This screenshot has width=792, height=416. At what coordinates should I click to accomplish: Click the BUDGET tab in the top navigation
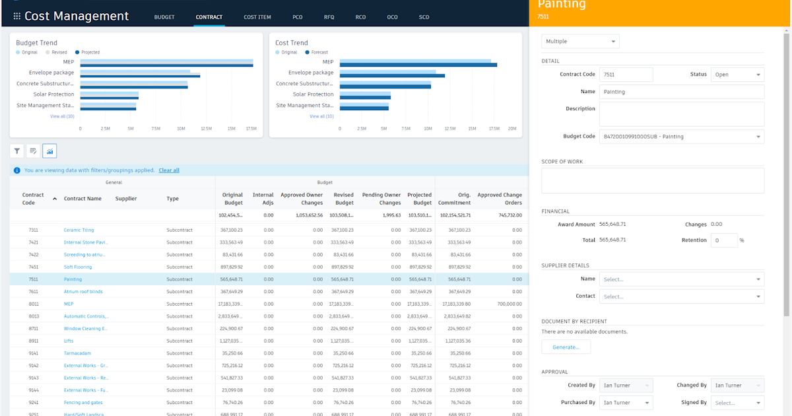point(164,17)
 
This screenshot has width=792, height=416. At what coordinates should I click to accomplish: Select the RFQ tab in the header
point(329,17)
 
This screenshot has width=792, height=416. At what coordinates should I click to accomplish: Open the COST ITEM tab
point(257,17)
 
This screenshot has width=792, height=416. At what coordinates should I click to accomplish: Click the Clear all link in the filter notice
point(169,170)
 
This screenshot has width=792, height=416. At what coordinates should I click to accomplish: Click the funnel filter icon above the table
point(17,151)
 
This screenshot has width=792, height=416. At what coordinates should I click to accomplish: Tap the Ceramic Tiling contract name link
point(79,230)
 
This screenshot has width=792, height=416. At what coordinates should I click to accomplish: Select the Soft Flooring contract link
point(78,267)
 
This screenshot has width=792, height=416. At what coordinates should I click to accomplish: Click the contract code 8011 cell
point(33,304)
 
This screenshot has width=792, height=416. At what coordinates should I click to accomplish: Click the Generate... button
point(566,347)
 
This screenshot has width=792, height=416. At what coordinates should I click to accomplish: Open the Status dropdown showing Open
point(737,75)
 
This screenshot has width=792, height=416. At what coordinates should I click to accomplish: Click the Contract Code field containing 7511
point(626,75)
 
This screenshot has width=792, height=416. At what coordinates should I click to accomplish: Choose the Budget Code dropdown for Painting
point(681,137)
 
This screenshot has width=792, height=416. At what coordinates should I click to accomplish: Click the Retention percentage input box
point(723,240)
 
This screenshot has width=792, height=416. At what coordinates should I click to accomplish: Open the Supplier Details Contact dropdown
point(681,296)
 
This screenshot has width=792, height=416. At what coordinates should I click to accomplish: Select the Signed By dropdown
point(737,403)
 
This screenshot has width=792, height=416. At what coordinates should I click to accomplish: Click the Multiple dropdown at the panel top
point(580,42)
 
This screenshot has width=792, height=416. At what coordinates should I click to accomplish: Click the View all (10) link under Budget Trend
point(62,116)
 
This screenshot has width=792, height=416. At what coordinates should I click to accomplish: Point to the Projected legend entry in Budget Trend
point(88,52)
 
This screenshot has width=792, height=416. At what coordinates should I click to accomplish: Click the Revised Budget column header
point(343,199)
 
